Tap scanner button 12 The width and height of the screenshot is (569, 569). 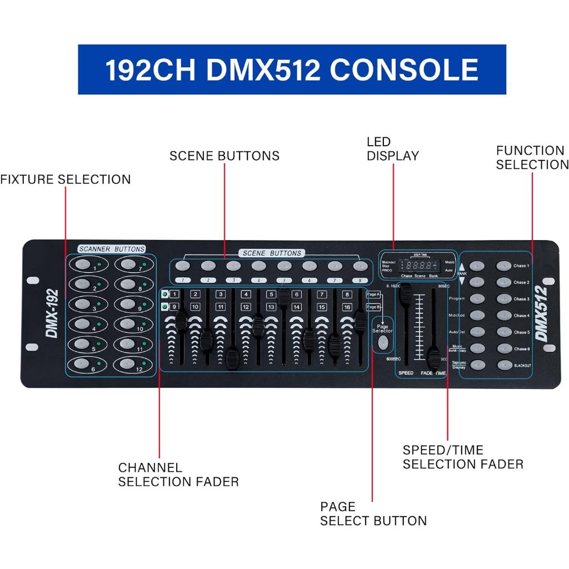(129, 365)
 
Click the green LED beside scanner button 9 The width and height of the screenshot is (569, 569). (144, 304)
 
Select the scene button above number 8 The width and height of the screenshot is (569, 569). (361, 266)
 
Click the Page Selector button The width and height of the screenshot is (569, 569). (382, 342)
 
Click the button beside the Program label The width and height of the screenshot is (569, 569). (477, 299)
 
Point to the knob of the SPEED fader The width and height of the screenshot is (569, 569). (406, 291)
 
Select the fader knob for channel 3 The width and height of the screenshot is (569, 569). (232, 355)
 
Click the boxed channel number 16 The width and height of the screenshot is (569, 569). (347, 307)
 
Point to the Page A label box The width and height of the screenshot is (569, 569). (373, 295)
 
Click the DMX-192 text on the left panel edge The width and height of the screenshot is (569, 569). (51, 313)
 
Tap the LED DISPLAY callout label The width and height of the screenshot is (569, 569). (392, 149)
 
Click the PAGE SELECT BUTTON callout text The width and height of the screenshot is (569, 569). (373, 514)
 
